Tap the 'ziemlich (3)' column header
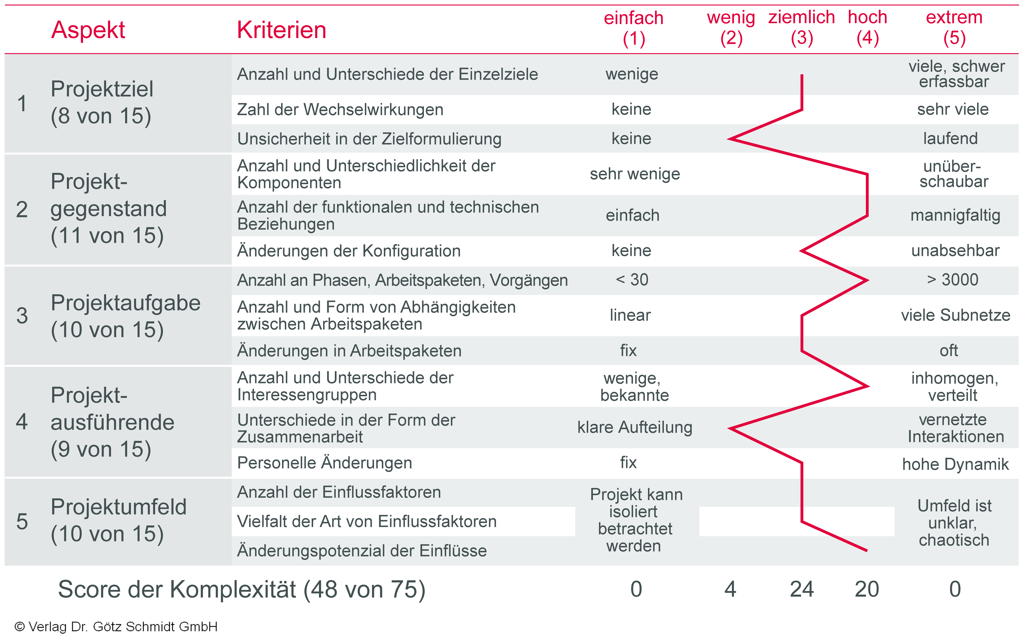(x=801, y=28)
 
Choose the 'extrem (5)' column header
(x=954, y=28)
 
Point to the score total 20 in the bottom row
(x=867, y=589)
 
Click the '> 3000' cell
(x=953, y=280)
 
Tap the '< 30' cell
(x=632, y=280)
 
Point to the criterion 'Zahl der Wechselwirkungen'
(x=340, y=109)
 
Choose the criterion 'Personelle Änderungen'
(x=325, y=463)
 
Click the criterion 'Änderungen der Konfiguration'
(x=349, y=251)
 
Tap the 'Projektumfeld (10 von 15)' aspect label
(x=118, y=520)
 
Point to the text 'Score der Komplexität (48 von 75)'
(x=242, y=589)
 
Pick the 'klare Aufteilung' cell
(x=635, y=427)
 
